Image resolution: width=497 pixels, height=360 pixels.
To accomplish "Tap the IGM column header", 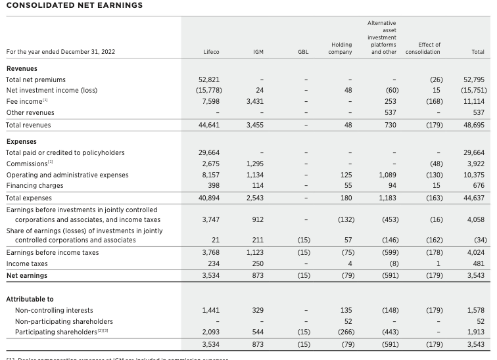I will coord(258,51).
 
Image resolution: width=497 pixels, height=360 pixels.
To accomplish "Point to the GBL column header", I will coord(302,51).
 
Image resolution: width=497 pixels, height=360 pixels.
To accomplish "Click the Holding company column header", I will coord(340,48).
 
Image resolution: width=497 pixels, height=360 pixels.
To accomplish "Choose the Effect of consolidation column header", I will coord(423,48).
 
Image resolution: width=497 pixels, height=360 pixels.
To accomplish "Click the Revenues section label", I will coord(22,68).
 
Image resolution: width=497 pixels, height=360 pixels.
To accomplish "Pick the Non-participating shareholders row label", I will coord(64,321).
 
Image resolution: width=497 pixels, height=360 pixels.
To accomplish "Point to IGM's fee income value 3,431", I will coord(255,101).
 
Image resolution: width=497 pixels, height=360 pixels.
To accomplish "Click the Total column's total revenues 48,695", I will coord(473,124).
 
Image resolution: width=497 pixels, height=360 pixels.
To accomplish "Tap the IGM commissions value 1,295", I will coord(255,164).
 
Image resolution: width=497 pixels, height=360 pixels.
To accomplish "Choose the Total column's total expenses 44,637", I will coord(473,197).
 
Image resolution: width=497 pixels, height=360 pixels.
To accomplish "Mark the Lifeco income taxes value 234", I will coord(213,264).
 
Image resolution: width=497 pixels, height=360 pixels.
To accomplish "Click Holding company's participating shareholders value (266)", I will coord(342,332).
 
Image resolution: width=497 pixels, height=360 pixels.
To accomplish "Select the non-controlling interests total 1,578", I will coord(475,309).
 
